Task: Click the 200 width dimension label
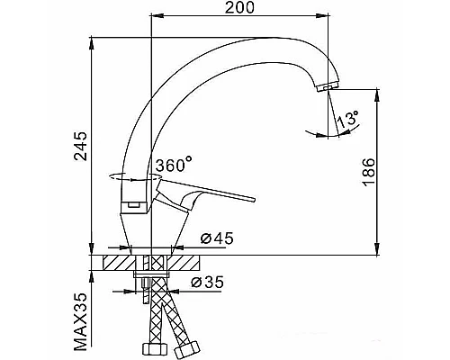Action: coord(239,7)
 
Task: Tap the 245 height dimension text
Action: coord(81,146)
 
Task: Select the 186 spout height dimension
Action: coord(369,172)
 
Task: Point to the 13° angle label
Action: coord(347,120)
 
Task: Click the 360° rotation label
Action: coord(174,165)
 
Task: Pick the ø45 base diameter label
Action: coord(217,238)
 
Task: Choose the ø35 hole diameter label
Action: coord(208,282)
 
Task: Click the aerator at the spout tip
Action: coord(327,87)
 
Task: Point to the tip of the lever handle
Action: coord(254,200)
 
